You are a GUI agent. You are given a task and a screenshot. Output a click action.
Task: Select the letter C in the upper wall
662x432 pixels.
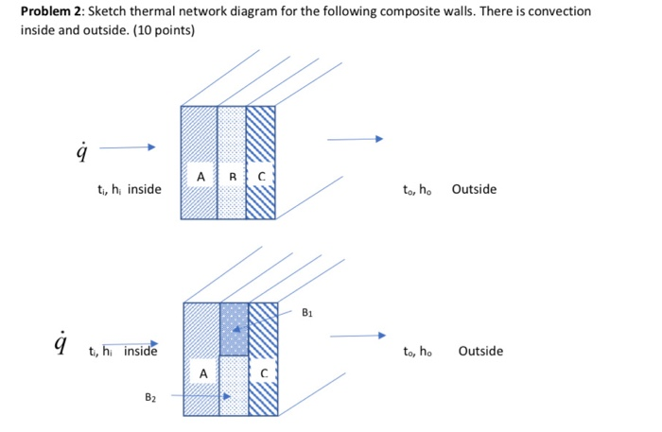tap(261, 176)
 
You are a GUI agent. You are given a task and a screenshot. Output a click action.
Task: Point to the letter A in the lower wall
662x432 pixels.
tap(202, 373)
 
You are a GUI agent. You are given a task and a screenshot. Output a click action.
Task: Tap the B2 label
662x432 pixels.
tap(151, 398)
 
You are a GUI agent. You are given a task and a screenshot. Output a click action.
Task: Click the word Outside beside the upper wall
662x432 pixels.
tap(473, 189)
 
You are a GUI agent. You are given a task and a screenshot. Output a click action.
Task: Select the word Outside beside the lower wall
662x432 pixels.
tap(480, 352)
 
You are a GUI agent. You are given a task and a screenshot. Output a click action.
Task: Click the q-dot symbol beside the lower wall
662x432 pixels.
tap(62, 342)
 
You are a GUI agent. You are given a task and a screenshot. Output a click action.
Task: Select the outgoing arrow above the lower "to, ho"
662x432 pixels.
tap(358, 335)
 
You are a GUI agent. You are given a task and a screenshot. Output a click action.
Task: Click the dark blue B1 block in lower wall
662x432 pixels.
tap(234, 328)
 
